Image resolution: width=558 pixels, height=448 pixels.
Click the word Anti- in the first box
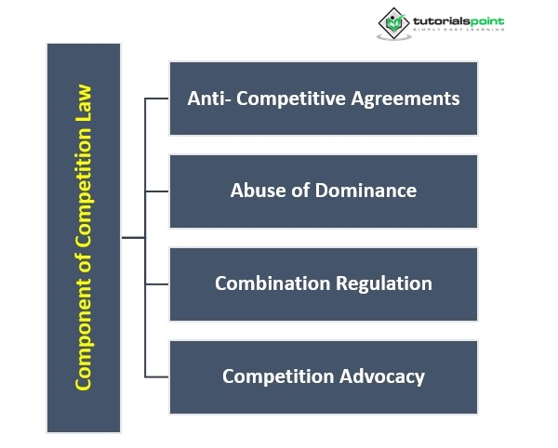(208, 98)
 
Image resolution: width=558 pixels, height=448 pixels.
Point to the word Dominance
(366, 191)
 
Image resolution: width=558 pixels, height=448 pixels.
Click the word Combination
(268, 283)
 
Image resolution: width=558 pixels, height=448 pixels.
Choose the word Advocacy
(383, 376)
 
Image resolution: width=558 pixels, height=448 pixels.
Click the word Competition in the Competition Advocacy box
(277, 376)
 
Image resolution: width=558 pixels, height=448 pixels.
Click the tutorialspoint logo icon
(392, 23)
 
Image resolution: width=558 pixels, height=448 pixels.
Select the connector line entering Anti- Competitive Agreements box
(157, 98)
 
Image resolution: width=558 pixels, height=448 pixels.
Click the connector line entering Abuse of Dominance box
(157, 191)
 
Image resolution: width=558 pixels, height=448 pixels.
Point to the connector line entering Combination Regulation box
(157, 283)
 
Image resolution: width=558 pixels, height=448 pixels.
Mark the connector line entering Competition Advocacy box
(157, 376)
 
